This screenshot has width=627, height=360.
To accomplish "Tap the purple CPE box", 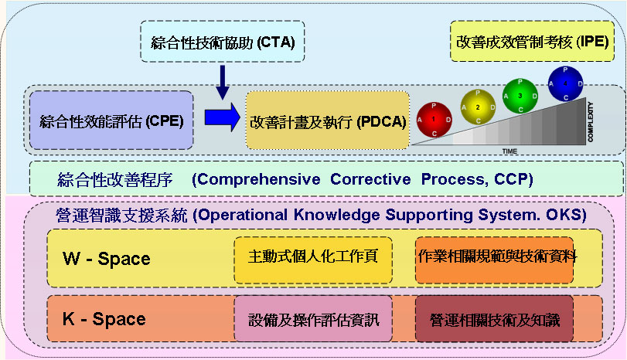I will click(111, 121).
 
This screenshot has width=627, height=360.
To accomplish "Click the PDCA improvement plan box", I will click(327, 121).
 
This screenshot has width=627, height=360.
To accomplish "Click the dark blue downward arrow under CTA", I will click(223, 81).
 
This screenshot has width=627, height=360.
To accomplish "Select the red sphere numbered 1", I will click(434, 120).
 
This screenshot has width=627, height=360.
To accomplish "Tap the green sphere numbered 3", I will click(520, 94).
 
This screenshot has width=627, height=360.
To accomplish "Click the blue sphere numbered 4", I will click(564, 83).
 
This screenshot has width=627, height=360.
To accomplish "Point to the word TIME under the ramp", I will click(509, 150).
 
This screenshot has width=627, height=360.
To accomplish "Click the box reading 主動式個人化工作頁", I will click(313, 256).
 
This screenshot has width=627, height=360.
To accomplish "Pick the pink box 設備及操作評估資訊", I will click(313, 318).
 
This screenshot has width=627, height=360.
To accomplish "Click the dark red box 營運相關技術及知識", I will click(495, 318).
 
